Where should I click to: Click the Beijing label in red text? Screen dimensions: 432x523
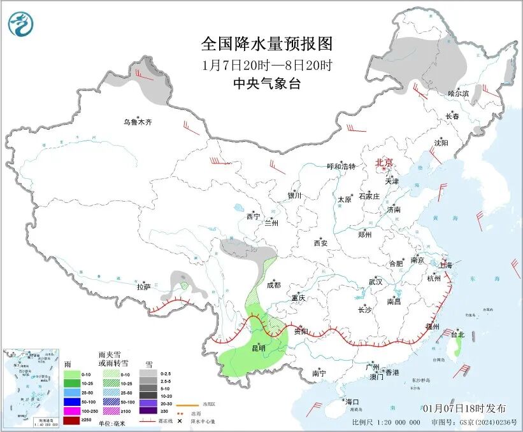coord(384,162)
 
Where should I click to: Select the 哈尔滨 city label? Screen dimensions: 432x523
coord(458,94)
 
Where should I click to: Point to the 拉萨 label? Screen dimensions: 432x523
coord(143,287)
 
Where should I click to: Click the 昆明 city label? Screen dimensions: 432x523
coord(258,347)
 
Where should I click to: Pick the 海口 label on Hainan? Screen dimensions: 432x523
coord(352,402)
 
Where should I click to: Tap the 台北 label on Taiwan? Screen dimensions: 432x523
coord(457,334)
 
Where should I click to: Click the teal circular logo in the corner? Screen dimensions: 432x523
coord(21,24)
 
